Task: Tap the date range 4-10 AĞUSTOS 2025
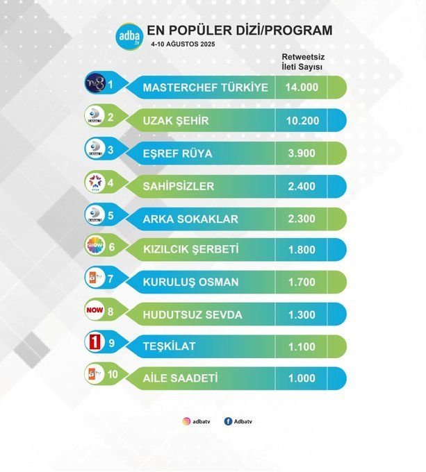coord(183,44)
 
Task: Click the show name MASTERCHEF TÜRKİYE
coord(205,88)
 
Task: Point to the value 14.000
coord(302,88)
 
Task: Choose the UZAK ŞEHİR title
coord(176,121)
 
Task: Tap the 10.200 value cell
coord(302,121)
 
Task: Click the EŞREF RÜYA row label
coord(177,153)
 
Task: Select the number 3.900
coord(302,153)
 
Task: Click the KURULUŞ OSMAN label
coord(190,283)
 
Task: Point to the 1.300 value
coord(302,315)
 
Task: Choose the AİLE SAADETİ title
coord(181,378)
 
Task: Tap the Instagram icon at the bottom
coord(186,421)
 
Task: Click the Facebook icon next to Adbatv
coord(228,421)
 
